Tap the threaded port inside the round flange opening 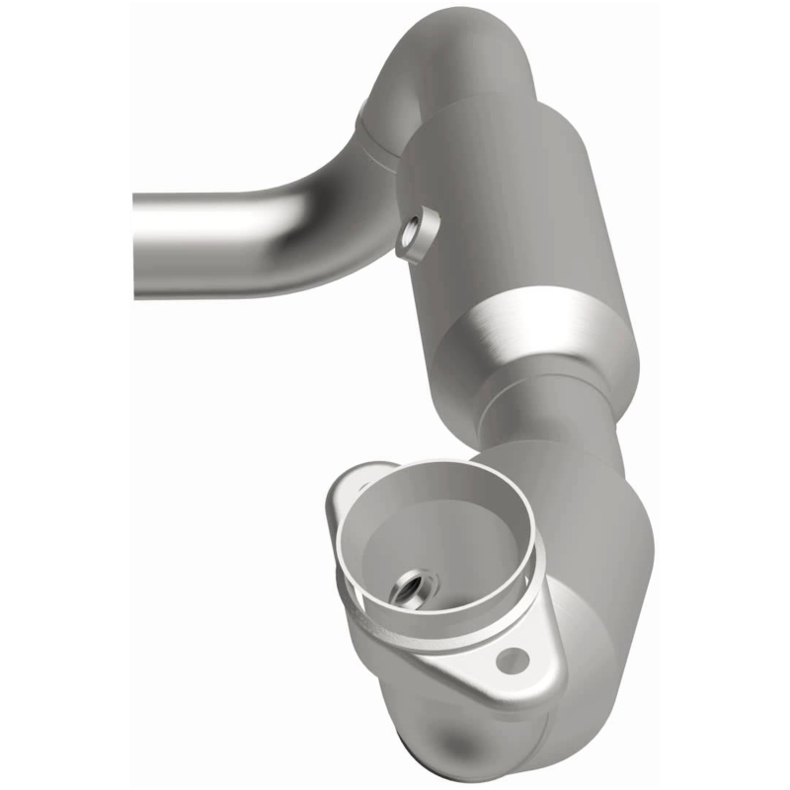pos(408,591)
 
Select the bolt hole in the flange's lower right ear pos(510,661)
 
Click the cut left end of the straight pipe pos(137,244)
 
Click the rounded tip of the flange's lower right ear pos(538,671)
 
